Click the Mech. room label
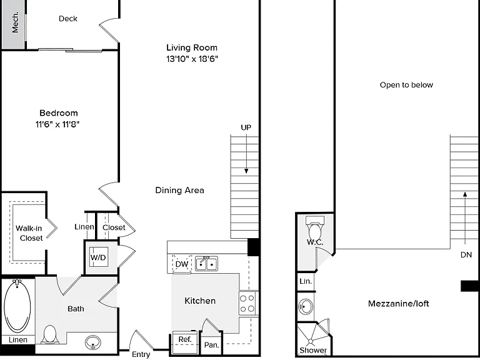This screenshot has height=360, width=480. click(15, 22)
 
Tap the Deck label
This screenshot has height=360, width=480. click(68, 19)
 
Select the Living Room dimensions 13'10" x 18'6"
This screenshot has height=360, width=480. click(192, 59)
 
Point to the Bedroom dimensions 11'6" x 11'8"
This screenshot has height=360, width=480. click(57, 124)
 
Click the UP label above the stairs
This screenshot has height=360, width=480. click(246, 127)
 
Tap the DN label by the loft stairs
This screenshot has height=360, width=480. click(466, 255)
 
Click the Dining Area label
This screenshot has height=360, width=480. click(180, 190)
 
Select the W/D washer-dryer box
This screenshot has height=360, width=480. click(98, 257)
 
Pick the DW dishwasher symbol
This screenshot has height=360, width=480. click(182, 264)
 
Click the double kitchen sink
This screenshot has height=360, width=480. click(207, 264)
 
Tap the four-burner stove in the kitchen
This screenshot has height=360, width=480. click(247, 303)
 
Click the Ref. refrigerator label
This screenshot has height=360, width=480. click(185, 339)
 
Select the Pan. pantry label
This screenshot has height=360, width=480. click(211, 345)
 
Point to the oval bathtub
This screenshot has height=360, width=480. click(17, 306)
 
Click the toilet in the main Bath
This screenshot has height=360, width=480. click(50, 334)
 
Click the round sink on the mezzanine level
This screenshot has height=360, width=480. click(306, 306)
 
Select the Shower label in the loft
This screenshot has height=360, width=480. click(313, 350)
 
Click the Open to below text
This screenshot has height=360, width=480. click(406, 85)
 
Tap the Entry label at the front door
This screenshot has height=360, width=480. click(141, 354)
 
